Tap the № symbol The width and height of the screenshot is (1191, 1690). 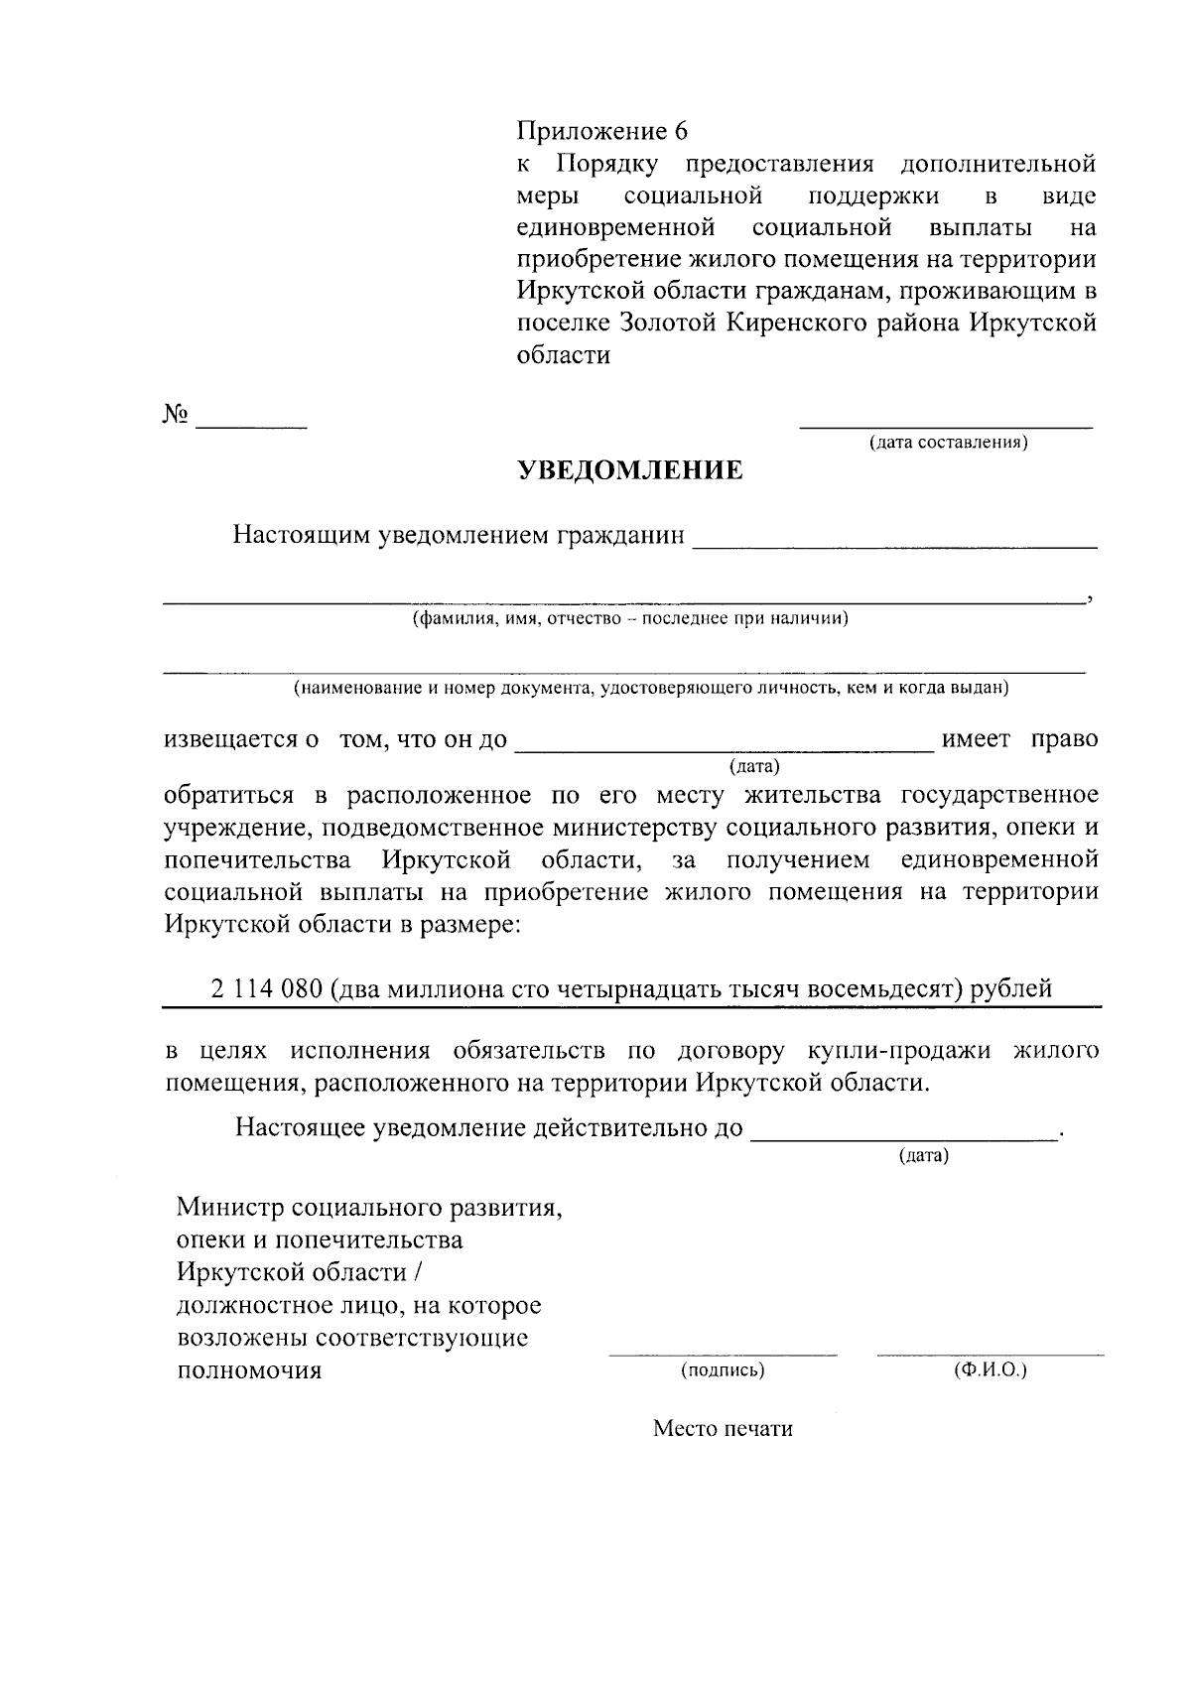tap(176, 415)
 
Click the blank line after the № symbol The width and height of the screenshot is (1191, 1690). tap(252, 426)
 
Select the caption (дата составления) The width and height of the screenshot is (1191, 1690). tap(948, 443)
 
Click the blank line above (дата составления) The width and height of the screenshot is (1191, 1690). tap(946, 427)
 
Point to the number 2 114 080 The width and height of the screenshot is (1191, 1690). tap(266, 988)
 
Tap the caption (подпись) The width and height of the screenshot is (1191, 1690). tap(722, 1370)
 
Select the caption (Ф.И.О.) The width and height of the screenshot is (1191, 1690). tap(990, 1370)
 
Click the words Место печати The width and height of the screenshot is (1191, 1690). tap(723, 1429)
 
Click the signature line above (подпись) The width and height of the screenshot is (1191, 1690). tap(723, 1354)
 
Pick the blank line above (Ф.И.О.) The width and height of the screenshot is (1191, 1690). tap(990, 1354)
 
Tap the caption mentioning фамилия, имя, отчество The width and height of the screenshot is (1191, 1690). tap(630, 619)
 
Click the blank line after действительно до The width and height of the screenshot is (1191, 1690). tap(905, 1139)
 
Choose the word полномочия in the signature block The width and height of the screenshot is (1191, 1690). tap(249, 1370)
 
